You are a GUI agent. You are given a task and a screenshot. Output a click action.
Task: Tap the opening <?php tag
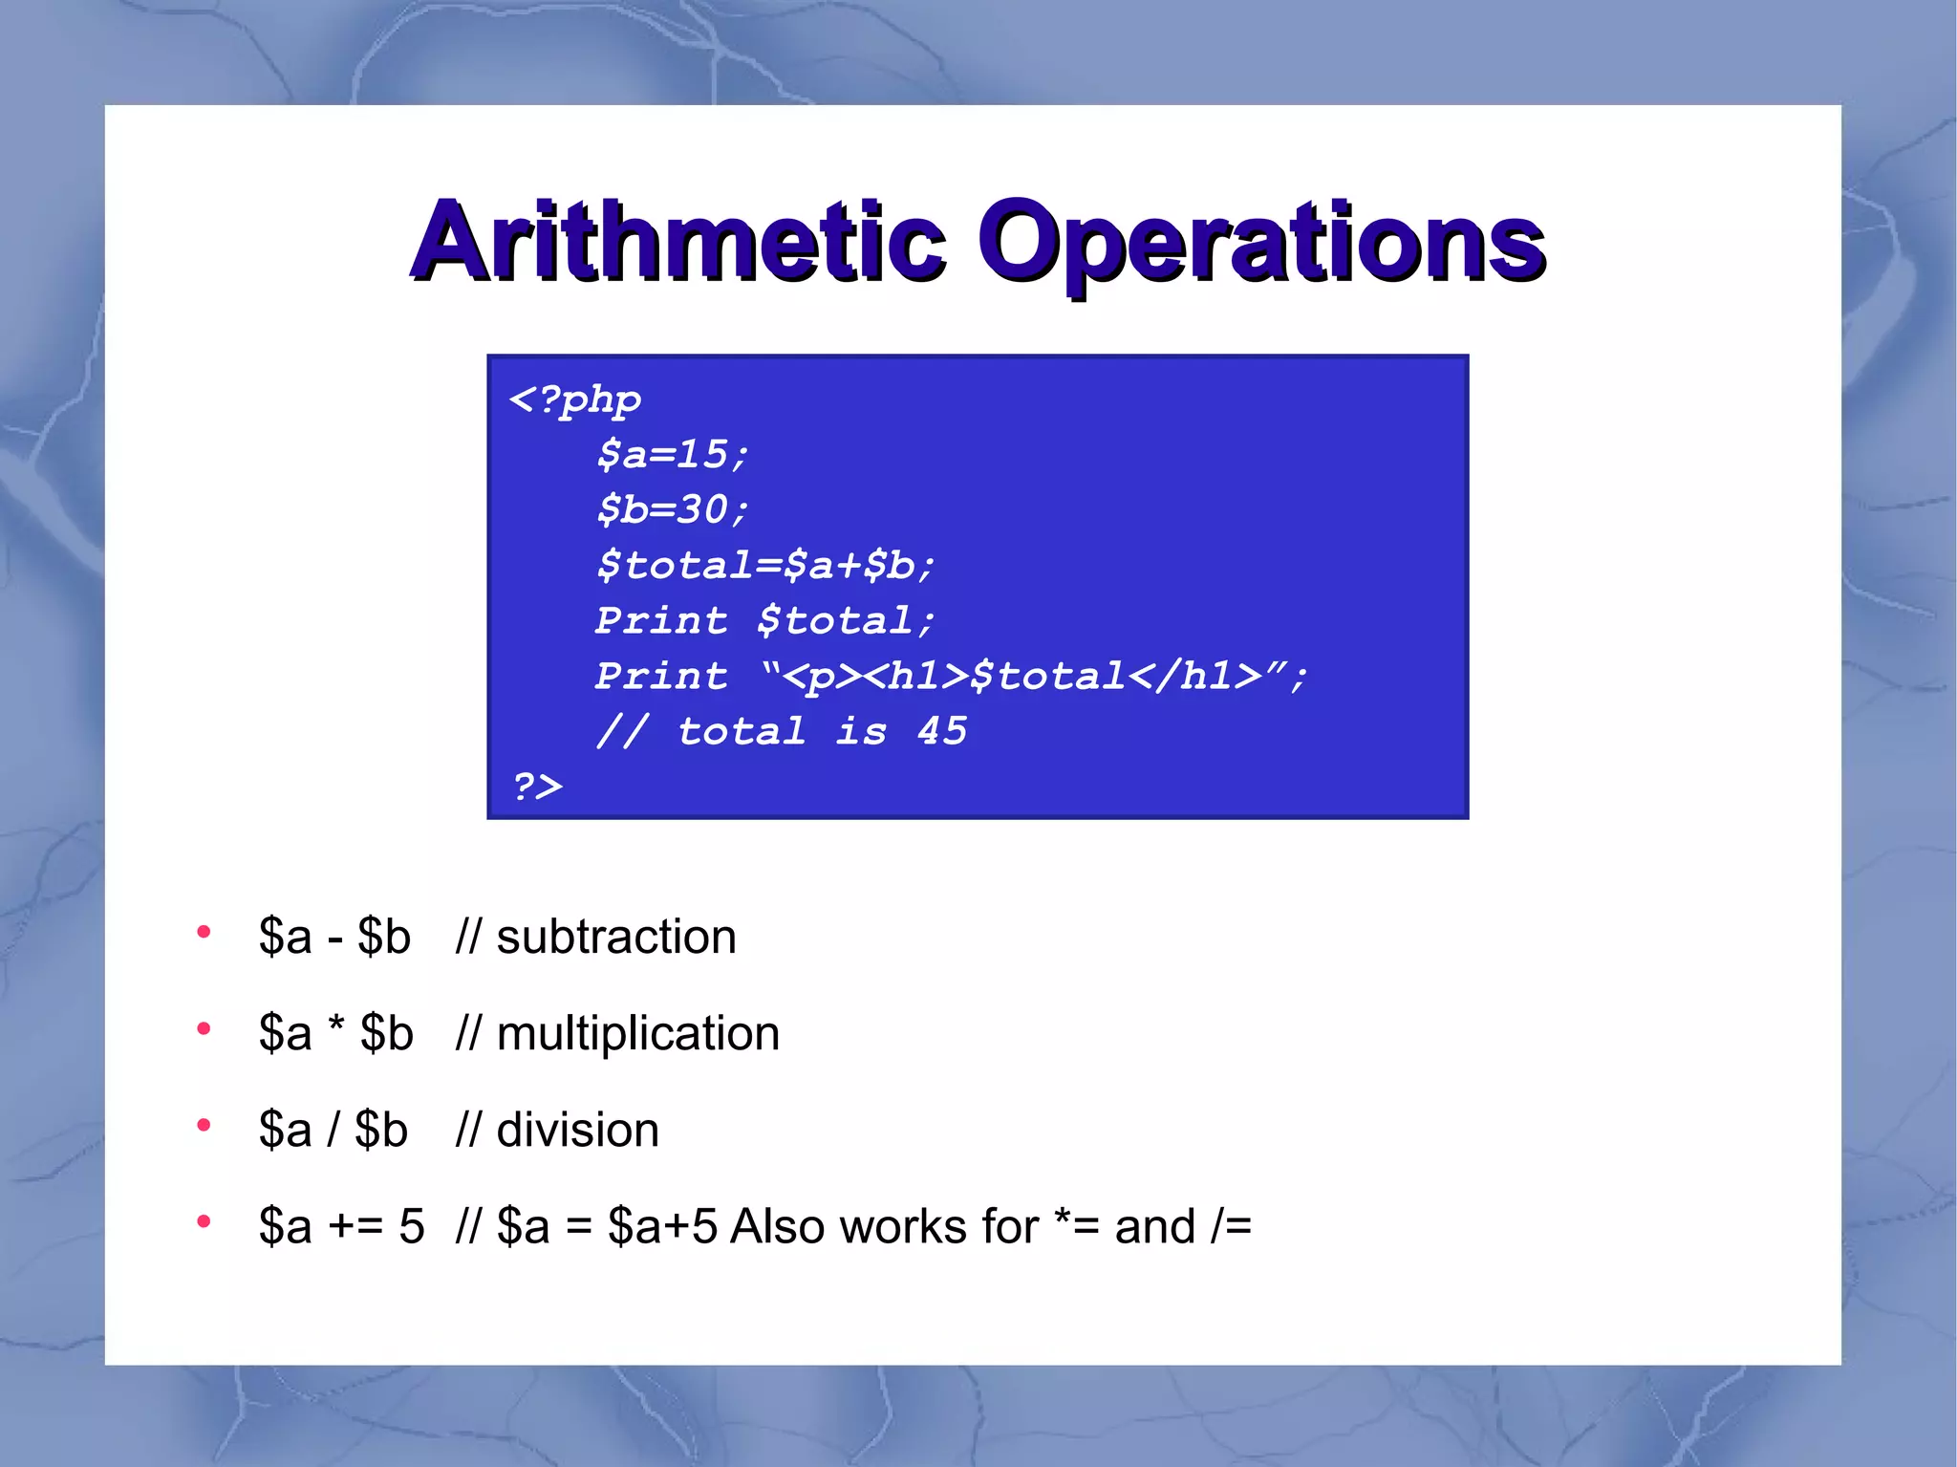point(575,399)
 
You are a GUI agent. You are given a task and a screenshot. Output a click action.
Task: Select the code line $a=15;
point(672,454)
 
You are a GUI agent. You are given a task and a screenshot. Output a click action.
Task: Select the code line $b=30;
point(672,509)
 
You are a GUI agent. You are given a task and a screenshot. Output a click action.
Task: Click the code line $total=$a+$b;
point(764,565)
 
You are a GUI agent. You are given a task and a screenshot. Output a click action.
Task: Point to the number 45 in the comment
point(942,731)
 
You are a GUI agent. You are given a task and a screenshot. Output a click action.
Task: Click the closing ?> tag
point(537,787)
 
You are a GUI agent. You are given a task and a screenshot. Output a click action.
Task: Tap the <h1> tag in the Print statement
point(928,677)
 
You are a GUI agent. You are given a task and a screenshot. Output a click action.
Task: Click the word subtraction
point(616,937)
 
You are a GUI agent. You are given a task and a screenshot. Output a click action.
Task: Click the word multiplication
point(637,1033)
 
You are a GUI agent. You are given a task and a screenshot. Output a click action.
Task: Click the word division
point(577,1131)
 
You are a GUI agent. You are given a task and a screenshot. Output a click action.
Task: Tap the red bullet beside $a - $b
point(204,932)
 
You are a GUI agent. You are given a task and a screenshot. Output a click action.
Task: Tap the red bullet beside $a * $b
point(204,1028)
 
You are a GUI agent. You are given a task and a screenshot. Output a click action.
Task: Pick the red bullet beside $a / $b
point(204,1125)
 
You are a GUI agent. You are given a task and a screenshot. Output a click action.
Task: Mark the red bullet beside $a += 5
point(204,1221)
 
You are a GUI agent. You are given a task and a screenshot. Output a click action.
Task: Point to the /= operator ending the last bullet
point(1231,1226)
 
